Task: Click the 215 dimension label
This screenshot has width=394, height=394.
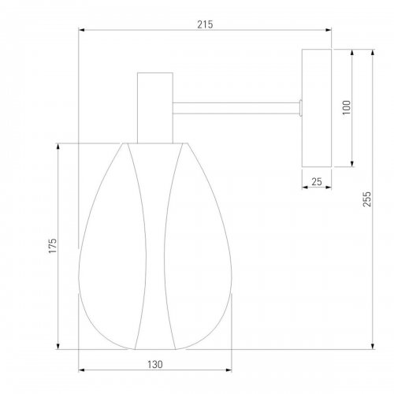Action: coord(205,24)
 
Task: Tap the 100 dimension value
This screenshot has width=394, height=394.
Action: coord(347,107)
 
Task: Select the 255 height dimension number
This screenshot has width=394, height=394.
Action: coord(367,199)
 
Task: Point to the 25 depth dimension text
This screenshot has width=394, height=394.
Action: coord(317,181)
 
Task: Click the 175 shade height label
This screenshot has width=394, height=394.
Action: coord(53,246)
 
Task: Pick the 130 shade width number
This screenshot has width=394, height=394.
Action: coord(155,364)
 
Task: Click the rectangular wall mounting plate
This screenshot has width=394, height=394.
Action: coord(317,108)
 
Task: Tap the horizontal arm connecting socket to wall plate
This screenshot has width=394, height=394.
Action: coord(236,108)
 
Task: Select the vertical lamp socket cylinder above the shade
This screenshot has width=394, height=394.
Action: coord(155,108)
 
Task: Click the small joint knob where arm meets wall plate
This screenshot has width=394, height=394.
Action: coord(300,108)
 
